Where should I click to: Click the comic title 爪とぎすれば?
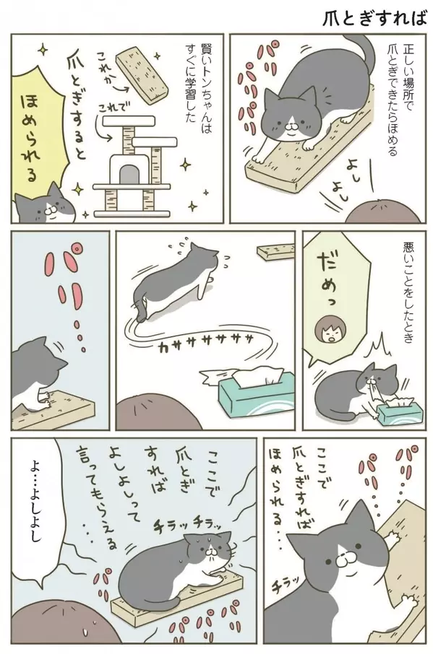coord(374,18)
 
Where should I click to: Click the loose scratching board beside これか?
coord(142,77)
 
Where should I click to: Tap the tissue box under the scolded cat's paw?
coord(399,409)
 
